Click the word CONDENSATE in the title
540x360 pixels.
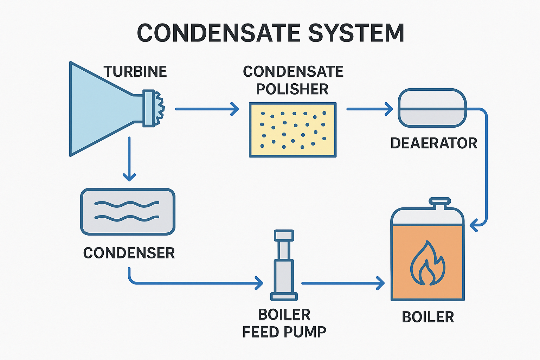218,33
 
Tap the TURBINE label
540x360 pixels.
135,71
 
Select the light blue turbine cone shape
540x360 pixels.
98,109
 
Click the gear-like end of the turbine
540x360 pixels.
160,108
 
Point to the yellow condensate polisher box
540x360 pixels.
292,130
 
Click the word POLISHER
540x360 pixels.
292,89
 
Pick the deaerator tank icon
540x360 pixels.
432,108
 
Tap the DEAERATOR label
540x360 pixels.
434,143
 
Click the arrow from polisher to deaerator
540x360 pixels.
369,109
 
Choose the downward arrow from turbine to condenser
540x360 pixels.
129,159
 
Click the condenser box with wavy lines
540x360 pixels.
128,212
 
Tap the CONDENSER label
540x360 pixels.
129,253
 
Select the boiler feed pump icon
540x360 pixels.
284,265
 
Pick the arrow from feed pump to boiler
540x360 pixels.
343,283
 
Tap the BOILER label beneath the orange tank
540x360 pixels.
428,317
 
